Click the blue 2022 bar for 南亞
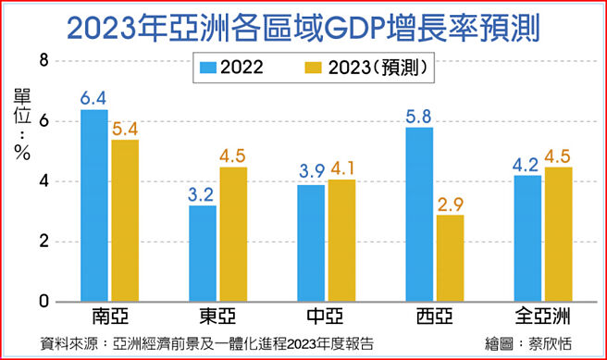coord(94,205)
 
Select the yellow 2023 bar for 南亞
coord(124,220)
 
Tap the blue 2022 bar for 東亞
coord(203,254)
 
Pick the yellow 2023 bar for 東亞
coord(232,234)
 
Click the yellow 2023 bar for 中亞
coord(341,241)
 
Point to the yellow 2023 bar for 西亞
coord(450,258)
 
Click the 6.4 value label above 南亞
coord(94,97)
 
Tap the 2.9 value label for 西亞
coord(450,203)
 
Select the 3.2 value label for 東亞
coord(203,193)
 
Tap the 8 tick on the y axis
coord(42,61)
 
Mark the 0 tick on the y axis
coord(42,303)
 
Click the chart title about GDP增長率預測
coord(303,25)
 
